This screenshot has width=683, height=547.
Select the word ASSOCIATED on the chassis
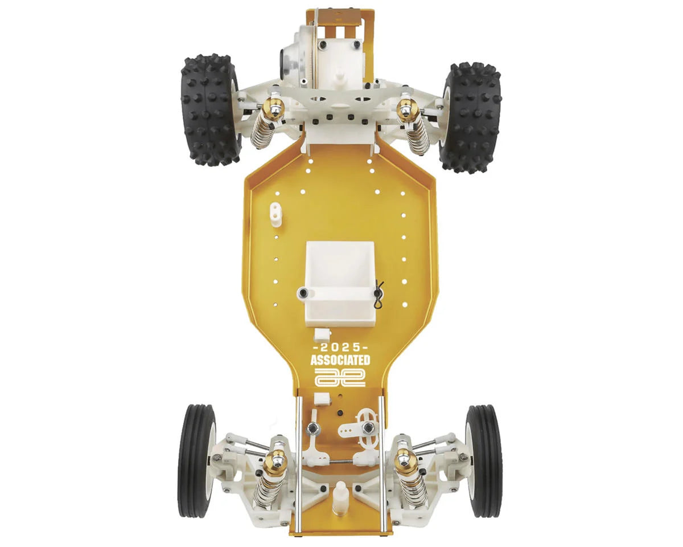point(340,360)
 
